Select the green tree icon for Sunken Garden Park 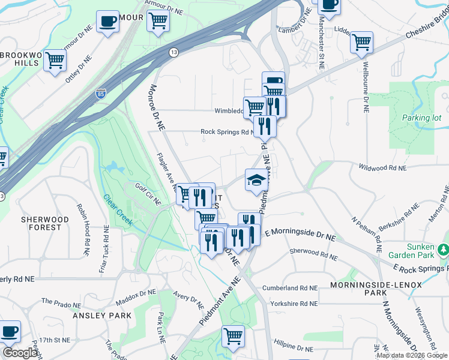[x=443, y=248]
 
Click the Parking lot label [x=421, y=118]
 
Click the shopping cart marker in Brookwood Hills [x=55, y=60]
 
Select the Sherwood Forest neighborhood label [x=41, y=223]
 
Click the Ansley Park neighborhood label [x=101, y=316]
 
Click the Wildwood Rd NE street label [x=382, y=168]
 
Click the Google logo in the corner [x=20, y=353]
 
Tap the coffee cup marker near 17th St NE [x=10, y=331]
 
